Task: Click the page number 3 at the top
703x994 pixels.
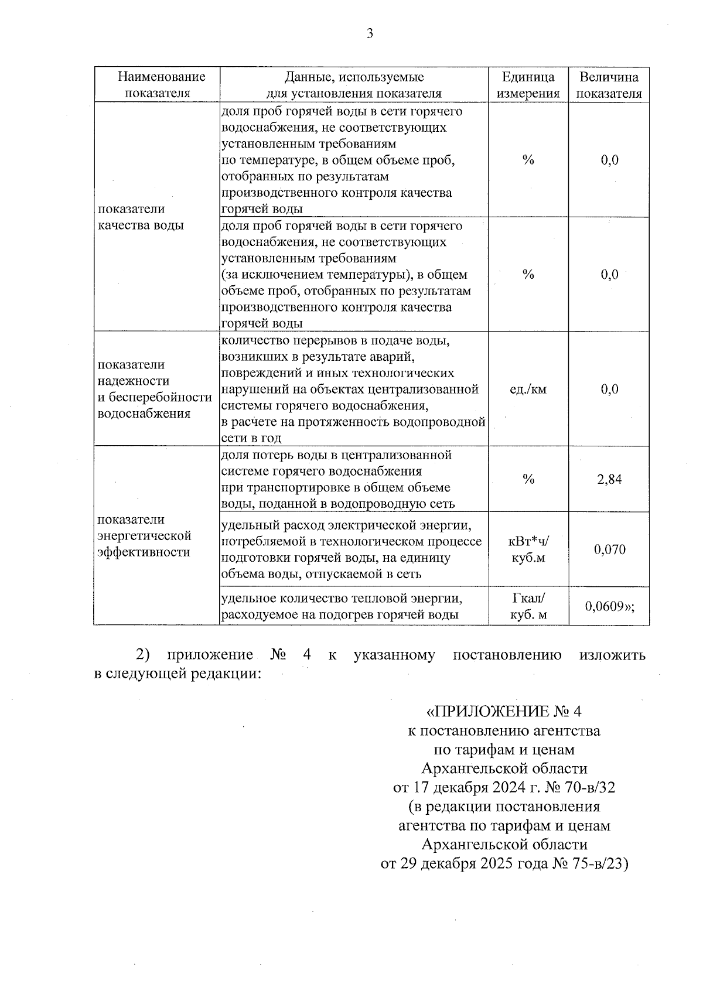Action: [x=370, y=34]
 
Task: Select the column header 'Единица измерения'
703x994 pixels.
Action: [x=528, y=85]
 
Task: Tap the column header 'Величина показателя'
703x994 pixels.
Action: [x=609, y=85]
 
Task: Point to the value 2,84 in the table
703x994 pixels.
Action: [x=609, y=480]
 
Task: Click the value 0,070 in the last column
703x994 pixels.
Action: [x=609, y=549]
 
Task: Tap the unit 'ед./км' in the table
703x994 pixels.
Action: [x=528, y=389]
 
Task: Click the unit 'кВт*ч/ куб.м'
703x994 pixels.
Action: [x=528, y=549]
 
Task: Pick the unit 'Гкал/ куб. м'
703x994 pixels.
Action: [x=528, y=606]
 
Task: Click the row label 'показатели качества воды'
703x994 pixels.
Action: [x=141, y=217]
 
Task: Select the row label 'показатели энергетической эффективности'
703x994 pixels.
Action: [x=144, y=535]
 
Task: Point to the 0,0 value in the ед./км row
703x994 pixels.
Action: [x=609, y=389]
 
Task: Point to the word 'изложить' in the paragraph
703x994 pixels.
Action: [x=612, y=655]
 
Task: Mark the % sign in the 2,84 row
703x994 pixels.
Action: [x=528, y=480]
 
